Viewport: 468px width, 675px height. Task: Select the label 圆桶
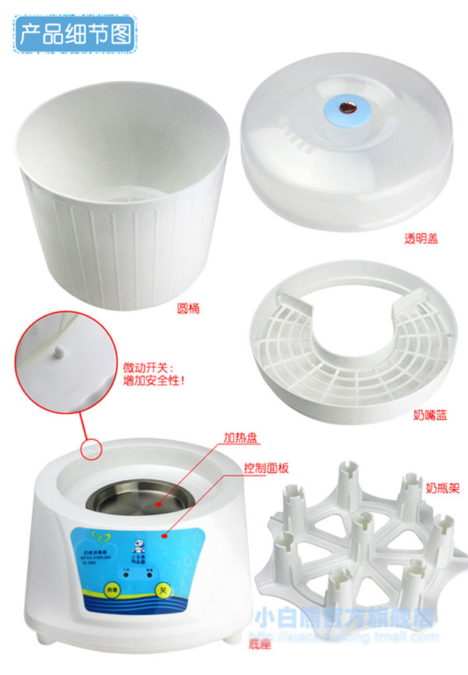[x=187, y=309]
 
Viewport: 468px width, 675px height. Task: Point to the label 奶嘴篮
[x=426, y=415]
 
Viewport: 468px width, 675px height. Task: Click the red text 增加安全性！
[x=155, y=382]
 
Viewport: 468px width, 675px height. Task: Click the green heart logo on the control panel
[x=85, y=535]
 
